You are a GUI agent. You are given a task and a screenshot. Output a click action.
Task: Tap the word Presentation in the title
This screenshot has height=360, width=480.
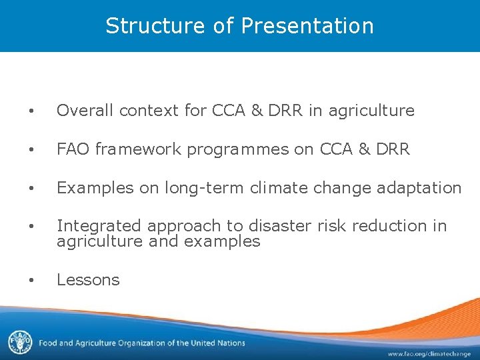pos(307,26)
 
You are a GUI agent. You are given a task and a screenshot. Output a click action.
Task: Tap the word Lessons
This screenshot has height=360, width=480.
pos(88,280)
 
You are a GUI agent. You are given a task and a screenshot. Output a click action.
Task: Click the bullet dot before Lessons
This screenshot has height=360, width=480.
pos(32,281)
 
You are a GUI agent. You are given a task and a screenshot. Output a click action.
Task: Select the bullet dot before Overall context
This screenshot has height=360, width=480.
pos(32,111)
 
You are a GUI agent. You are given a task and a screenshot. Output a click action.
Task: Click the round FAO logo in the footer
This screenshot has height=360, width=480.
pos(20,342)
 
